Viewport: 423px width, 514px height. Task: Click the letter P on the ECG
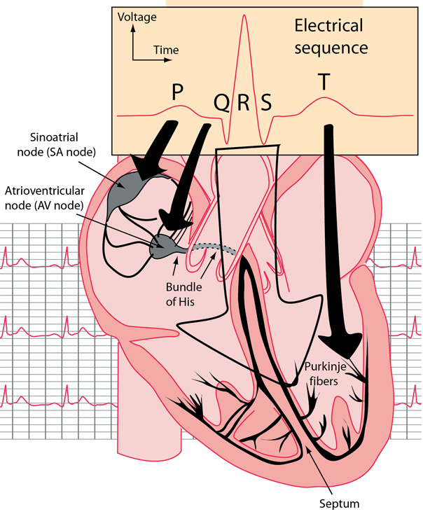[x=177, y=91]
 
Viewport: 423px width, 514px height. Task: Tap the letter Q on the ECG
[x=221, y=104]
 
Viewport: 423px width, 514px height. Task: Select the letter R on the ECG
[x=244, y=104]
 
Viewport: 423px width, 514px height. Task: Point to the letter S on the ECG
[x=265, y=104]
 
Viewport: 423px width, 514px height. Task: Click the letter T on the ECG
[x=324, y=82]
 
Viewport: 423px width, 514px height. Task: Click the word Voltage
[x=137, y=16]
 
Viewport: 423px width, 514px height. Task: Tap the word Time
[x=166, y=50]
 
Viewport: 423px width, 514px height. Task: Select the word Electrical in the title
[x=328, y=27]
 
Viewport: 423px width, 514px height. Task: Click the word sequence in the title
[x=331, y=48]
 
